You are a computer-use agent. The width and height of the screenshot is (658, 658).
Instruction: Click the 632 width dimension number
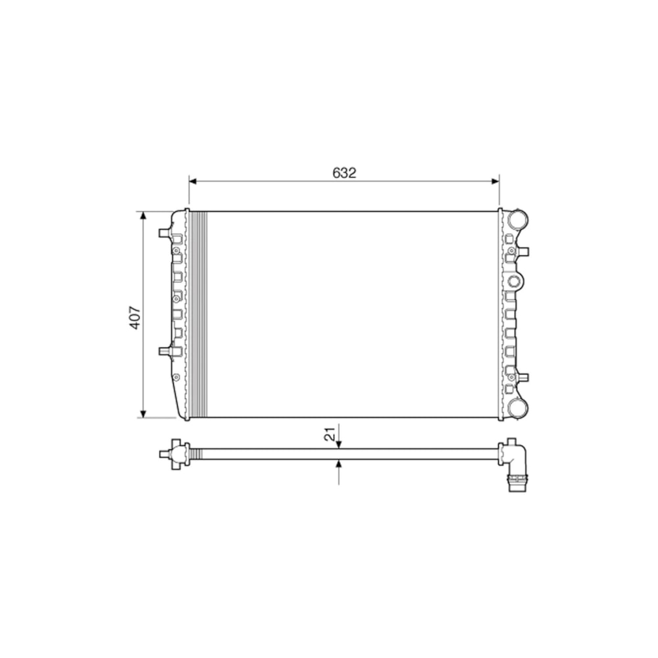(344, 173)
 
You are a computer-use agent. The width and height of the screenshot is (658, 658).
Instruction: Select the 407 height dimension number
(135, 317)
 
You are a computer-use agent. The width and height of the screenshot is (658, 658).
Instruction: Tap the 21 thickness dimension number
(330, 434)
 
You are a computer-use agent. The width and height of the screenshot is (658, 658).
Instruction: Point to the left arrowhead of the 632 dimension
(193, 182)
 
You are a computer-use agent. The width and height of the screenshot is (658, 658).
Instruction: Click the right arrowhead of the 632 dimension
(495, 182)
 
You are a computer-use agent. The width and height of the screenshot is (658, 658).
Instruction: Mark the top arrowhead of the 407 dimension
(143, 216)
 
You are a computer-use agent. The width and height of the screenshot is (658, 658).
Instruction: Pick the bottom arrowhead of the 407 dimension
(143, 413)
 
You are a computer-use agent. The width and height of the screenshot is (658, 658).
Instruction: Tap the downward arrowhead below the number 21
(339, 444)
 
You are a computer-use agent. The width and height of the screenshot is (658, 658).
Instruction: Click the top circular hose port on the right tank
(517, 220)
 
